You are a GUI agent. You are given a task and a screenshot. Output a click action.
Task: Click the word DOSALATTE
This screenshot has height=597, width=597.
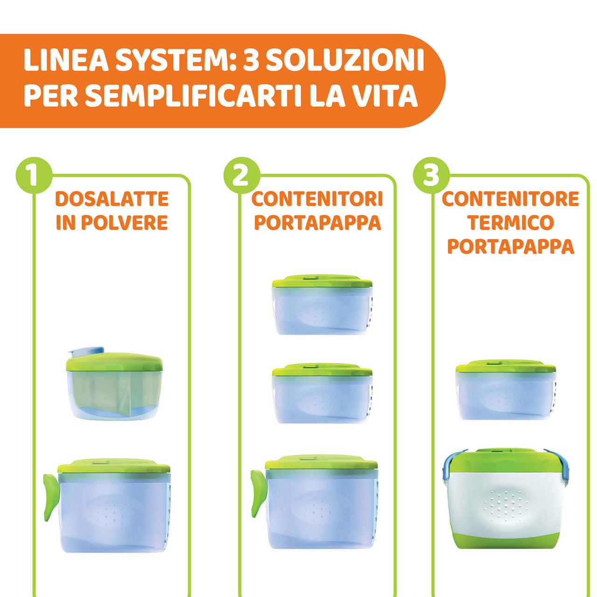[112, 199]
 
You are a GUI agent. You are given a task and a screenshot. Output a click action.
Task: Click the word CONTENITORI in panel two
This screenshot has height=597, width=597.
[317, 199]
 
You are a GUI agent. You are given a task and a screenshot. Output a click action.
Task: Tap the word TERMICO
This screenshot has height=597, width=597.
[510, 222]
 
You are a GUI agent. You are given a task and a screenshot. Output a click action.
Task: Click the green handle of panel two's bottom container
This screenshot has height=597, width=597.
[257, 492]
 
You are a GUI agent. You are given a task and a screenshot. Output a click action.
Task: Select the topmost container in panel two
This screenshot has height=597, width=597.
[322, 305]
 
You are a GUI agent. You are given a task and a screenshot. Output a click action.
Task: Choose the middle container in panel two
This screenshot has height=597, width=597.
[322, 394]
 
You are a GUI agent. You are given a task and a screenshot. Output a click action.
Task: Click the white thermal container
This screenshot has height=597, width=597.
[506, 499]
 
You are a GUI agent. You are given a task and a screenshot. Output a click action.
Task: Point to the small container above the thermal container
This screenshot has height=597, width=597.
[506, 390]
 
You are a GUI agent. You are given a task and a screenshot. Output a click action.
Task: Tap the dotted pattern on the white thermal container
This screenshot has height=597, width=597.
[506, 506]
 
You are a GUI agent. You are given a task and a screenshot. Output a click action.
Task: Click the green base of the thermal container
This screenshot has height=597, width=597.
[506, 541]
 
